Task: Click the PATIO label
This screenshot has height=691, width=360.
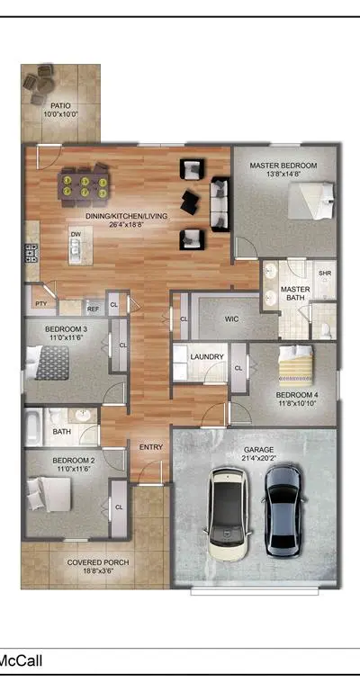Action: pyautogui.click(x=60, y=106)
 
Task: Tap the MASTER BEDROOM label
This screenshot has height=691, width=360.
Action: pyautogui.click(x=283, y=166)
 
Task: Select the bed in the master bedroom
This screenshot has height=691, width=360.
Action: pyautogui.click(x=310, y=201)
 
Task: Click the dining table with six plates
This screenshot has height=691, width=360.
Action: pyautogui.click(x=85, y=185)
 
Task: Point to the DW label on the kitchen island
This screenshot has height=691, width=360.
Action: pyautogui.click(x=76, y=235)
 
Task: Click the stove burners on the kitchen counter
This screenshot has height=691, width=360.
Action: pyautogui.click(x=32, y=254)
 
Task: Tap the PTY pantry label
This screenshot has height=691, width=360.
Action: pyautogui.click(x=41, y=303)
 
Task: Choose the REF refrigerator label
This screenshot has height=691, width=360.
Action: pyautogui.click(x=93, y=309)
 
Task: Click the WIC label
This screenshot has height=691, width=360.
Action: pyautogui.click(x=232, y=319)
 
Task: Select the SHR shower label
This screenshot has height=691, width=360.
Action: pyautogui.click(x=325, y=274)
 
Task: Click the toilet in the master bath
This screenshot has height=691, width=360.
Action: pyautogui.click(x=325, y=330)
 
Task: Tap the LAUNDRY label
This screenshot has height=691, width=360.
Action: pyautogui.click(x=207, y=356)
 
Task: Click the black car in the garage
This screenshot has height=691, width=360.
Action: pyautogui.click(x=283, y=511)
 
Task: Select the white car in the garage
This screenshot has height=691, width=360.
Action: pyautogui.click(x=228, y=515)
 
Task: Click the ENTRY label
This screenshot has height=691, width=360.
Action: pyautogui.click(x=151, y=447)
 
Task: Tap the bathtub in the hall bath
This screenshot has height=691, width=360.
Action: pyautogui.click(x=34, y=427)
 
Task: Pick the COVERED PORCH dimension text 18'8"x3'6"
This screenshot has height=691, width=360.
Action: pyautogui.click(x=98, y=570)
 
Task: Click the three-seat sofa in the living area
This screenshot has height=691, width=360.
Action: pyautogui.click(x=220, y=204)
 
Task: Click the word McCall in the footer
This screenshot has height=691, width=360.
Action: pyautogui.click(x=21, y=660)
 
